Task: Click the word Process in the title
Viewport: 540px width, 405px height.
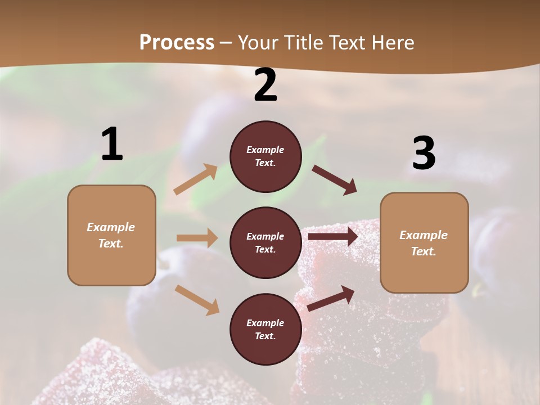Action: click(177, 43)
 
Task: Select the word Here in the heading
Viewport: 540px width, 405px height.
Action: click(391, 43)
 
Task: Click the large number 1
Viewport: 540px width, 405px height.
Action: click(112, 145)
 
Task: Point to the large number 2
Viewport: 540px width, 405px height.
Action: click(265, 85)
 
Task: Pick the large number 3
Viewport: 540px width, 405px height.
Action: click(424, 153)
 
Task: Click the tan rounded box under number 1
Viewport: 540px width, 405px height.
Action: click(111, 235)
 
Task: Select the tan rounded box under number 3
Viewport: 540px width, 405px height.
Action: click(424, 242)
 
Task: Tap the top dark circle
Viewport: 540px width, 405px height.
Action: click(265, 156)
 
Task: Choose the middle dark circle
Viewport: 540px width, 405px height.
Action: click(265, 242)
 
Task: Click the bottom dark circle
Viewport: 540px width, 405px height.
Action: click(265, 329)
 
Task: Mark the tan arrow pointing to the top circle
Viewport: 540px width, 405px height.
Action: click(196, 179)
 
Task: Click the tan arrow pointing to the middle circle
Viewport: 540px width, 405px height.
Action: click(197, 238)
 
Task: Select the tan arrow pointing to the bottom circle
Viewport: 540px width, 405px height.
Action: click(197, 300)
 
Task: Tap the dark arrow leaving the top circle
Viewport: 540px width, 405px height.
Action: click(334, 179)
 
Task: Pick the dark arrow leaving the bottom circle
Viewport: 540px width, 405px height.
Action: click(331, 299)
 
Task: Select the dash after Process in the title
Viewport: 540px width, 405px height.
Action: click(226, 43)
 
